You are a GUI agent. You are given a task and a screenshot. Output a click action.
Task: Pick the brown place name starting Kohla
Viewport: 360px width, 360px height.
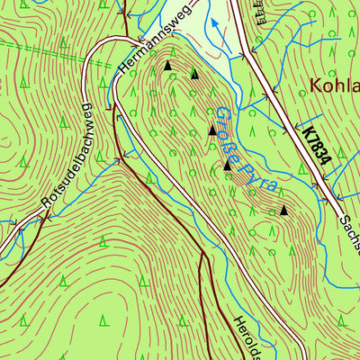click(334, 85)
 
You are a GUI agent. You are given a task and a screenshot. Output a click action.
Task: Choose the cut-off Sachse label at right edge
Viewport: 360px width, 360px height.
click(349, 234)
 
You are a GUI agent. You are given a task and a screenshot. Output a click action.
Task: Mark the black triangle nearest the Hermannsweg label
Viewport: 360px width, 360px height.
click(167, 66)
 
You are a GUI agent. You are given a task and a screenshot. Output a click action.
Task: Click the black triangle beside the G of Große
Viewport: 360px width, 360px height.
click(212, 130)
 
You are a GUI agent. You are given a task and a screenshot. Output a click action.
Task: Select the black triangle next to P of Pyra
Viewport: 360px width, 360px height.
click(227, 165)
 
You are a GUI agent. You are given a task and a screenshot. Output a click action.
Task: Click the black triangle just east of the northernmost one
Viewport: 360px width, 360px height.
click(194, 74)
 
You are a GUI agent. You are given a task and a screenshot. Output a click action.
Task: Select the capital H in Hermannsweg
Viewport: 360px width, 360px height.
click(122, 75)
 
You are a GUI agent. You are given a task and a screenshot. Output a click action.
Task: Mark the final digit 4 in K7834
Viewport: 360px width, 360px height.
click(326, 162)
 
